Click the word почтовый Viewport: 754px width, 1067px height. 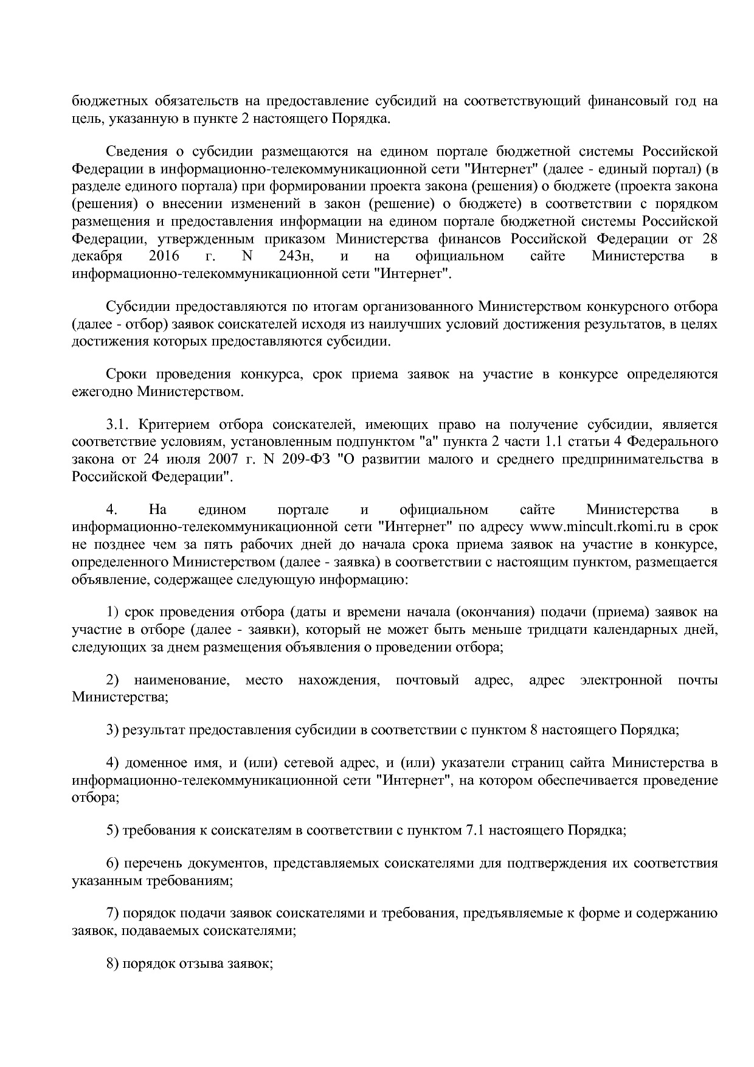[x=427, y=679]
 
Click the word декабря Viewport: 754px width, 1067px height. [x=97, y=256]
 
